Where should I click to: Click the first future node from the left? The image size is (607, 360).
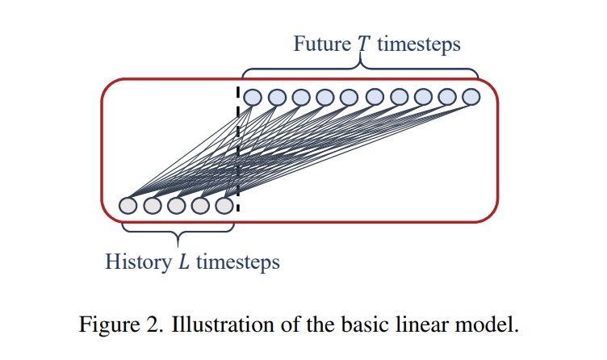pyautogui.click(x=253, y=97)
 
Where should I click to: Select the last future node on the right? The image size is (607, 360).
pyautogui.click(x=471, y=97)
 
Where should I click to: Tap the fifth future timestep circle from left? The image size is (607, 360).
pyautogui.click(x=350, y=97)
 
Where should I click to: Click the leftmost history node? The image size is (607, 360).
pyautogui.click(x=128, y=205)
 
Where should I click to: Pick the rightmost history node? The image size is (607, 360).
pyautogui.click(x=226, y=205)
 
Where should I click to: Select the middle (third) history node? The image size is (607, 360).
pyautogui.click(x=178, y=205)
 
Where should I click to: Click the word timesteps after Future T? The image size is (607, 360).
pyautogui.click(x=419, y=43)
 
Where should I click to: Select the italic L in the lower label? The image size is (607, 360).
pyautogui.click(x=183, y=262)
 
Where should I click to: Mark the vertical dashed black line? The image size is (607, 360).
pyautogui.click(x=239, y=145)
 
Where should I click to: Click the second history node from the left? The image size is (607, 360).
pyautogui.click(x=153, y=205)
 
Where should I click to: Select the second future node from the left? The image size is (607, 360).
pyautogui.click(x=277, y=97)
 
